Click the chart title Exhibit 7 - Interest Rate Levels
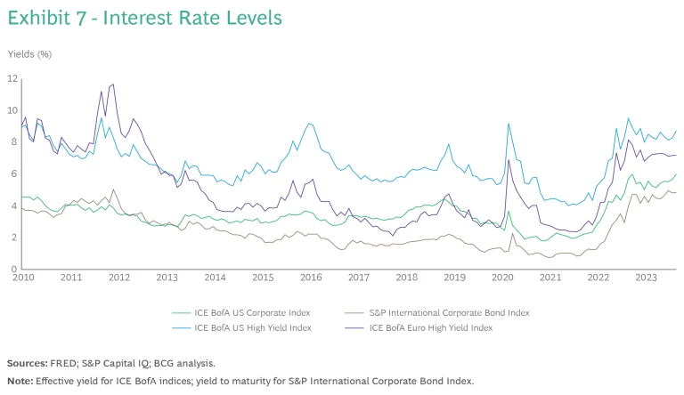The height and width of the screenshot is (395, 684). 145,17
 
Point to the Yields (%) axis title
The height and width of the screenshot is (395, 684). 29,54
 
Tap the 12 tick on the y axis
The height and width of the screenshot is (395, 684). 12,78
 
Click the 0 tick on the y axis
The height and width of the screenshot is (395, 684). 14,269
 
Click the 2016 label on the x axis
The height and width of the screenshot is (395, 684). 310,278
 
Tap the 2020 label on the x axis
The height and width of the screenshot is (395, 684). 503,278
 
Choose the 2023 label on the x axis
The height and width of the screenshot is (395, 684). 647,278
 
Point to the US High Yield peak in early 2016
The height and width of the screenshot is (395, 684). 309,124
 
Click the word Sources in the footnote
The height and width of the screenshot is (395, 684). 27,364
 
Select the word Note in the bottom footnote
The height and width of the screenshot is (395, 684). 19,381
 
